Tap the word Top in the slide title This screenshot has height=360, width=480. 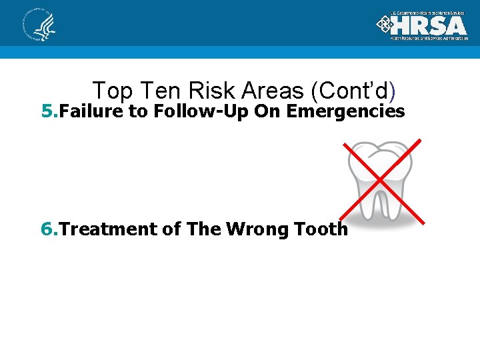click(x=111, y=91)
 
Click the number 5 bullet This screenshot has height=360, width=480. click(x=47, y=111)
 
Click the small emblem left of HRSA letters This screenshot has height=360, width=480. click(x=385, y=25)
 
